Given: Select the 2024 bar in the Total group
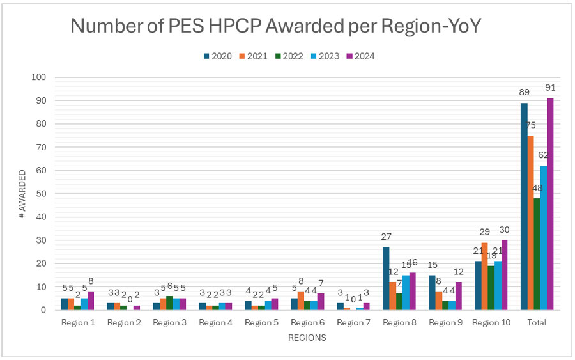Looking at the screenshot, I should pos(550,204).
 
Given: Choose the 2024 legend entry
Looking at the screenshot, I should pos(360,56).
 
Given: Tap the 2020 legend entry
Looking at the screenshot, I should pos(218,56).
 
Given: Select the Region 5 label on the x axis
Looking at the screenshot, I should pos(261,323).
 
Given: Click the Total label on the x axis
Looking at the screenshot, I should pos(537,323).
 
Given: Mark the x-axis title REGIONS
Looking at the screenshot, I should pos(307,338).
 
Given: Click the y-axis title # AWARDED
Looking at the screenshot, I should pos(22,194).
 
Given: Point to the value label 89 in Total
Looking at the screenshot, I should pos(523,92).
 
